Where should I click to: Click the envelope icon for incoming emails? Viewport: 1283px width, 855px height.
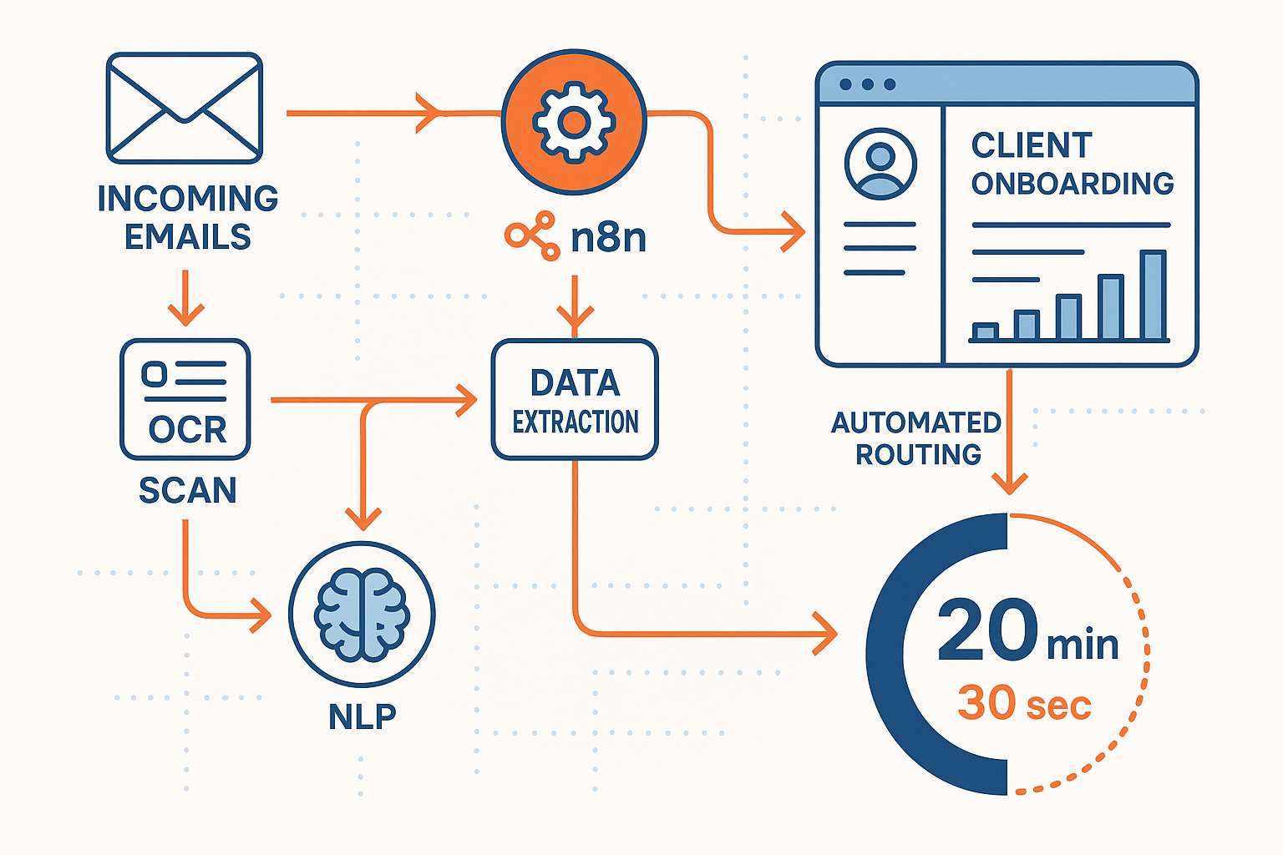coord(185,109)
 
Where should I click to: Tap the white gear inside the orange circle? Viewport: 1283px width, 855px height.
coord(574,122)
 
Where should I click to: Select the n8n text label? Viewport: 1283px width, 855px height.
coord(608,238)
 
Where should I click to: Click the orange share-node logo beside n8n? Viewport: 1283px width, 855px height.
coord(532,235)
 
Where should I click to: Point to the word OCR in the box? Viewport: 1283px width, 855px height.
coord(187,430)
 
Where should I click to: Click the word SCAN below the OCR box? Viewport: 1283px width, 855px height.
coord(187,490)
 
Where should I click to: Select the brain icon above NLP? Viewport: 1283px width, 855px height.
coord(362,615)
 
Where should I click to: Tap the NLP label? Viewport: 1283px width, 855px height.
coord(362,716)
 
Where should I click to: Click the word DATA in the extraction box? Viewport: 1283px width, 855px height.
coord(575,383)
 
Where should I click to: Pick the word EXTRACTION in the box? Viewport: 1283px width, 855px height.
coord(575,422)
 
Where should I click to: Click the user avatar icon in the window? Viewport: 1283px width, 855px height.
coord(880,163)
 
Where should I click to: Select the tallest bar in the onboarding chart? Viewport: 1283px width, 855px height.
coord(1153,296)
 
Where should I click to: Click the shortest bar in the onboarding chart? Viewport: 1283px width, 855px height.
coord(986,331)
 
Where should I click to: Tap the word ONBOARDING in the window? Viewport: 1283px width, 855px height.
coord(1073,184)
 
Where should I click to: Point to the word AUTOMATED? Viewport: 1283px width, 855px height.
coord(915,422)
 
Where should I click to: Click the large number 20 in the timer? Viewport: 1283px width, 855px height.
coord(987,631)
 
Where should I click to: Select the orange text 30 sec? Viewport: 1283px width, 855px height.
coord(1024,704)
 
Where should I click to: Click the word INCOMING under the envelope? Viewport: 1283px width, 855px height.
coord(187,199)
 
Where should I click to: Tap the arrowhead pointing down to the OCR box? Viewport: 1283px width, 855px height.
coord(185,314)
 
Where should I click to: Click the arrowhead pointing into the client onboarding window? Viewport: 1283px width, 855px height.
coord(793,231)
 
